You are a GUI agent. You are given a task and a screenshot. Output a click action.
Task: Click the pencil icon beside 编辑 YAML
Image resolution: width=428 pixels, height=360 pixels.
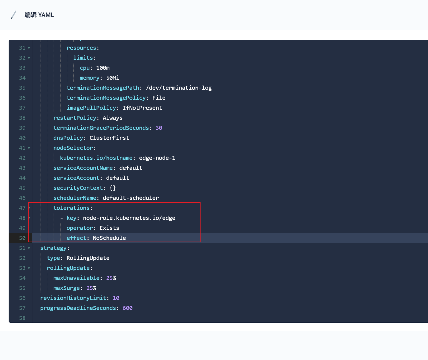coord(14,15)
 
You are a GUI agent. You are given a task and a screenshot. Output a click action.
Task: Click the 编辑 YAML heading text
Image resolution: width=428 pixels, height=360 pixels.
coord(39,15)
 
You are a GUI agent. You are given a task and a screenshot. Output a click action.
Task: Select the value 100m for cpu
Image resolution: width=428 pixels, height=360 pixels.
coord(103,68)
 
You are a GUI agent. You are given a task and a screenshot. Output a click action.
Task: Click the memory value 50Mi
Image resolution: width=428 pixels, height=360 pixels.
coord(112,78)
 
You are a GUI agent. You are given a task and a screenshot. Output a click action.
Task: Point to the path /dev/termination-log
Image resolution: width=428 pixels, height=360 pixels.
coord(179,88)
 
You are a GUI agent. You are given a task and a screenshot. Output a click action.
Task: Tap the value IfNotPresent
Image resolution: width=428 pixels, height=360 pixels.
coord(142,108)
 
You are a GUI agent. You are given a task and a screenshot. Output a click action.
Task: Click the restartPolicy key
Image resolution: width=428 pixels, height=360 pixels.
coord(75,118)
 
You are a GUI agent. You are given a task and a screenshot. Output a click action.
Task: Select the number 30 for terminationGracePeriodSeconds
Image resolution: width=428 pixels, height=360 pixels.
coord(159,128)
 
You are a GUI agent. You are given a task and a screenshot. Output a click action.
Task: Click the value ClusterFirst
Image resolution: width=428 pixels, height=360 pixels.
coord(109,138)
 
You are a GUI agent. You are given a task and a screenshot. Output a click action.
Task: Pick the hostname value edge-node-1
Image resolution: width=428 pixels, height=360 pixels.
coord(157,158)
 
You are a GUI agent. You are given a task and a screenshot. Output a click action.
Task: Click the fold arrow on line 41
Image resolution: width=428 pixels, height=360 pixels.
coord(29,148)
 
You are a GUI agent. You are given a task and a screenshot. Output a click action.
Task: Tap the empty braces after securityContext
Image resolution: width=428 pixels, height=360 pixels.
coord(112,188)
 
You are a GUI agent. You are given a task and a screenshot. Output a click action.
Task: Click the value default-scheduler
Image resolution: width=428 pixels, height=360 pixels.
coord(131,198)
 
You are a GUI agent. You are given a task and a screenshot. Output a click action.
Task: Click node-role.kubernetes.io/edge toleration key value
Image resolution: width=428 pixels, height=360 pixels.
coord(129,218)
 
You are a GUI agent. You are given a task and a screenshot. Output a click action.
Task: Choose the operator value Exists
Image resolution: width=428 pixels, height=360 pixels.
coord(109,228)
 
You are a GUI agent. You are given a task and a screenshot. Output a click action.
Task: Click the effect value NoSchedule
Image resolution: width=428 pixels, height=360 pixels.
coord(109,238)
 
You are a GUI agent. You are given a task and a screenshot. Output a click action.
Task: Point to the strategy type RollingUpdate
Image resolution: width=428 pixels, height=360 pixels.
coord(88,258)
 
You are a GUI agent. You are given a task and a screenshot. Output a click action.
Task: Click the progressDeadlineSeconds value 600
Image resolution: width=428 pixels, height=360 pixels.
coord(127,308)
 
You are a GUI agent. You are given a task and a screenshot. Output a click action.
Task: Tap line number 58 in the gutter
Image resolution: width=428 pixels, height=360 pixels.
coord(22,318)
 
